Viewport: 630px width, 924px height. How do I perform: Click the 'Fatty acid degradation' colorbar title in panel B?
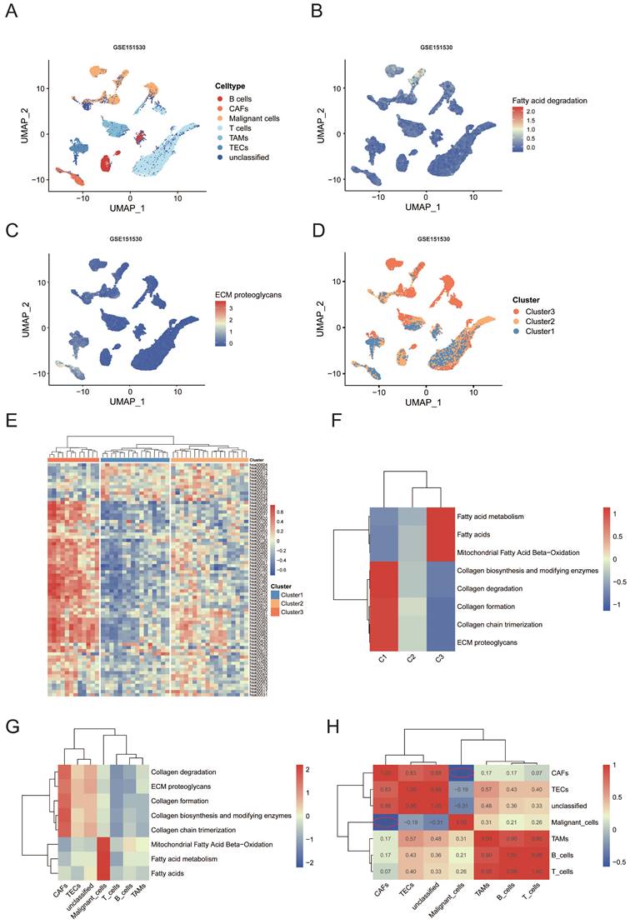pos(550,100)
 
